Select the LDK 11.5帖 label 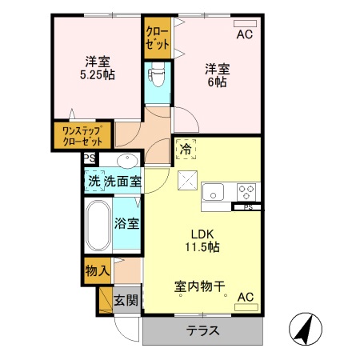tap(203, 239)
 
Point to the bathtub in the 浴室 tap(99, 226)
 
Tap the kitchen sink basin tap(214, 192)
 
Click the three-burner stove tap(246, 192)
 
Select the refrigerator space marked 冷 tap(186, 148)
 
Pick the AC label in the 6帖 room tap(244, 34)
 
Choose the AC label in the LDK tap(245, 297)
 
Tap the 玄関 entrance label tap(126, 301)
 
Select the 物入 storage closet tap(97, 271)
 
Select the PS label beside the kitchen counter tap(247, 207)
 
